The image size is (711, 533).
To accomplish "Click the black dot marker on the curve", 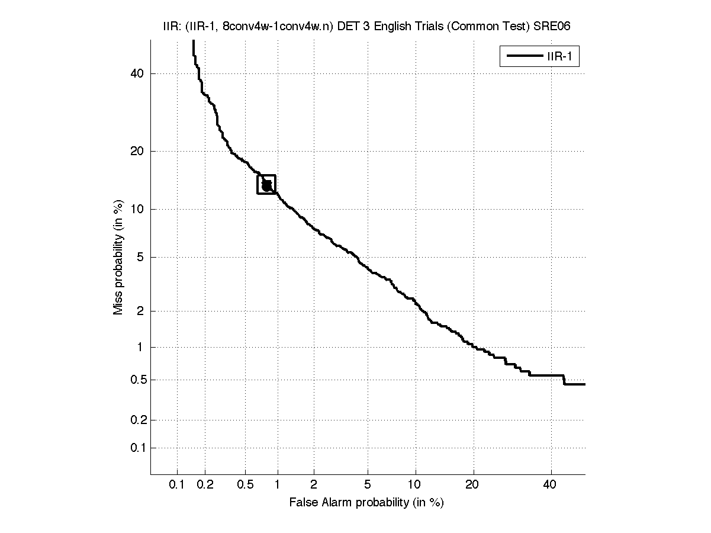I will coord(266,185).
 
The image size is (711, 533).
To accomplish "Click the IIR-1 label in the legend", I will coord(563,57).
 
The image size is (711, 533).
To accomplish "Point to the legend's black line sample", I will coord(523,57).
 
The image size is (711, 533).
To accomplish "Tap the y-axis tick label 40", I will coord(137,73).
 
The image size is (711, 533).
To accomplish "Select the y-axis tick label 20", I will coord(137,151).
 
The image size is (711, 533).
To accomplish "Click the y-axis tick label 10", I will coord(137,209).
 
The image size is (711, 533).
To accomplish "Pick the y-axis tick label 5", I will coord(140,257).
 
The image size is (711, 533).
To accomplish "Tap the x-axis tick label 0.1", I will coord(177,485).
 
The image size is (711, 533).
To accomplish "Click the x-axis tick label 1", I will coord(278,485).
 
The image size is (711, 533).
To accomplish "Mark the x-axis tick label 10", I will coord(416,485).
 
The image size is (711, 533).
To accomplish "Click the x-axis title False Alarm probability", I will coord(366,503).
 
